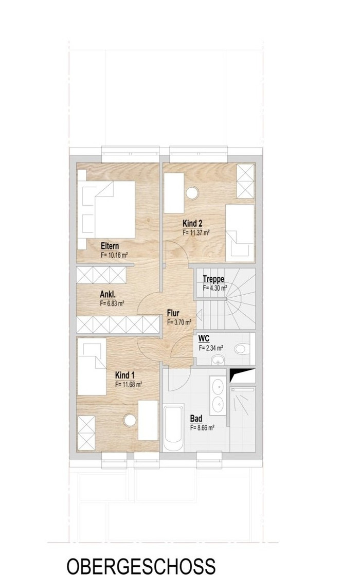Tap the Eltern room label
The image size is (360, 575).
(x=110, y=246)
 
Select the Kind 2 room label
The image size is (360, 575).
(x=192, y=223)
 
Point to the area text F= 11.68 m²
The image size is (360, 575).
(x=128, y=384)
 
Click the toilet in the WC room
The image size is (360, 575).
(x=242, y=348)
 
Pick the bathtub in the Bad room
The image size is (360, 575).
(x=173, y=427)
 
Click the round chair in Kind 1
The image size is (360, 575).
(x=130, y=420)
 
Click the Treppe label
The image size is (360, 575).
(x=213, y=279)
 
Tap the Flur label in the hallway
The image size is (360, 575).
(x=173, y=313)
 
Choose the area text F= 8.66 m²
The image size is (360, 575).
(x=202, y=427)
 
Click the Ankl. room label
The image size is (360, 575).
(x=108, y=294)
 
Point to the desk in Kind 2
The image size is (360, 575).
(x=174, y=193)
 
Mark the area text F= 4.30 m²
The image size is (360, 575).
(x=215, y=288)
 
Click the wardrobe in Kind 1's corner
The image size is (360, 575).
(x=86, y=433)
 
